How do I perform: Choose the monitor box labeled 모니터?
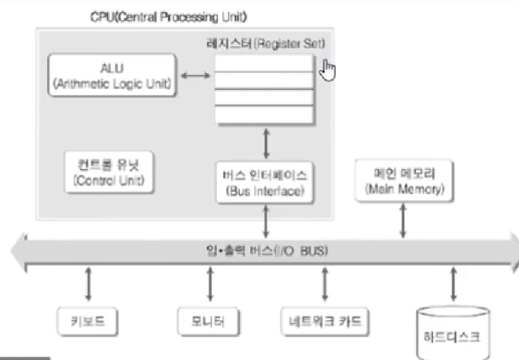(209, 321)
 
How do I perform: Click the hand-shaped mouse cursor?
(328, 70)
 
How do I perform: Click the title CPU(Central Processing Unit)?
(169, 15)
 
